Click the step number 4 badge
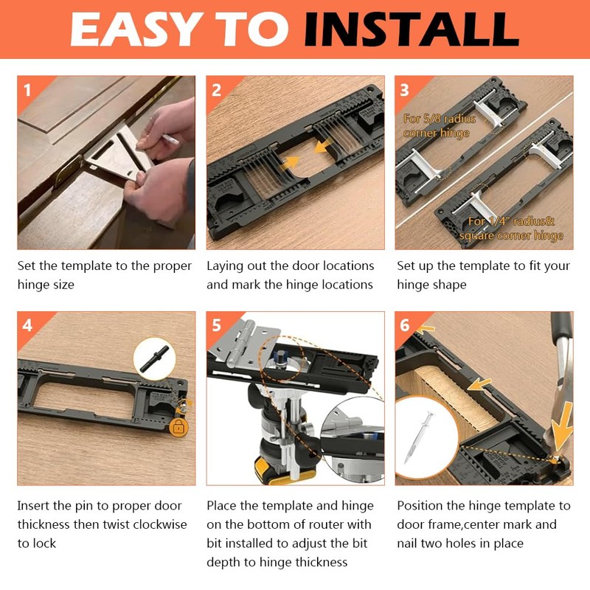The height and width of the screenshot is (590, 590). pos(27,325)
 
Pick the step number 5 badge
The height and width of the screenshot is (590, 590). pos(216,325)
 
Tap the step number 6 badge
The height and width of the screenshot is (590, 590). pos(405,325)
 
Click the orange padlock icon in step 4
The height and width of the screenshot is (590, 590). pos(177,426)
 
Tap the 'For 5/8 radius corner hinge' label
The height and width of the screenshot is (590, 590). pos(440,125)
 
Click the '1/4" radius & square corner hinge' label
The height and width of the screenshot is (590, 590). pos(510,228)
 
